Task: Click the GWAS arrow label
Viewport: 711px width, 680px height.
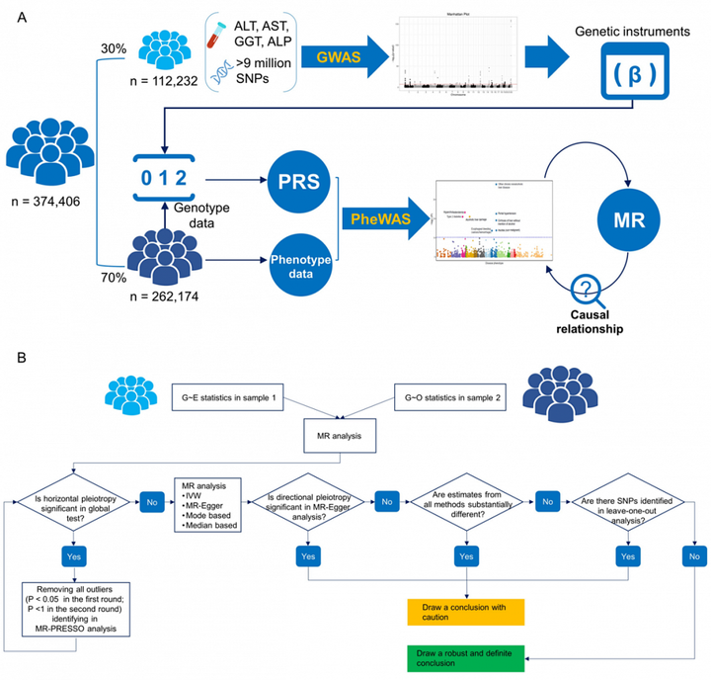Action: pos(336,58)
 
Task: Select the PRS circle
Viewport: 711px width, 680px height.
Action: pos(295,184)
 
